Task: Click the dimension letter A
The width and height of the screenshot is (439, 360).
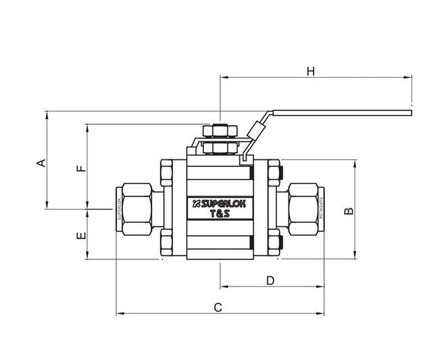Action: pos(41,162)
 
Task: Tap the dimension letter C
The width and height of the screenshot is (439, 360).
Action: pos(217,307)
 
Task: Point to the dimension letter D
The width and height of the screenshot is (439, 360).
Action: pos(270,280)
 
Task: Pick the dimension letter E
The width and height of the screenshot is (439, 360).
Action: pos(80,236)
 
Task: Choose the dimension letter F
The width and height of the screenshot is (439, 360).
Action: pos(80,168)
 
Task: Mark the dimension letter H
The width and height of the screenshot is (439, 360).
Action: pos(311,71)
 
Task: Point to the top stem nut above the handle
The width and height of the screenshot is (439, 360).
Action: pos(219,130)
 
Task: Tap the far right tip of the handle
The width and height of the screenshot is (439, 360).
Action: pos(409,111)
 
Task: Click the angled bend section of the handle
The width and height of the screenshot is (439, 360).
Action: pos(257,128)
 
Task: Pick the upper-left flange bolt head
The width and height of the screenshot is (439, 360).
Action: pos(166,173)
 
